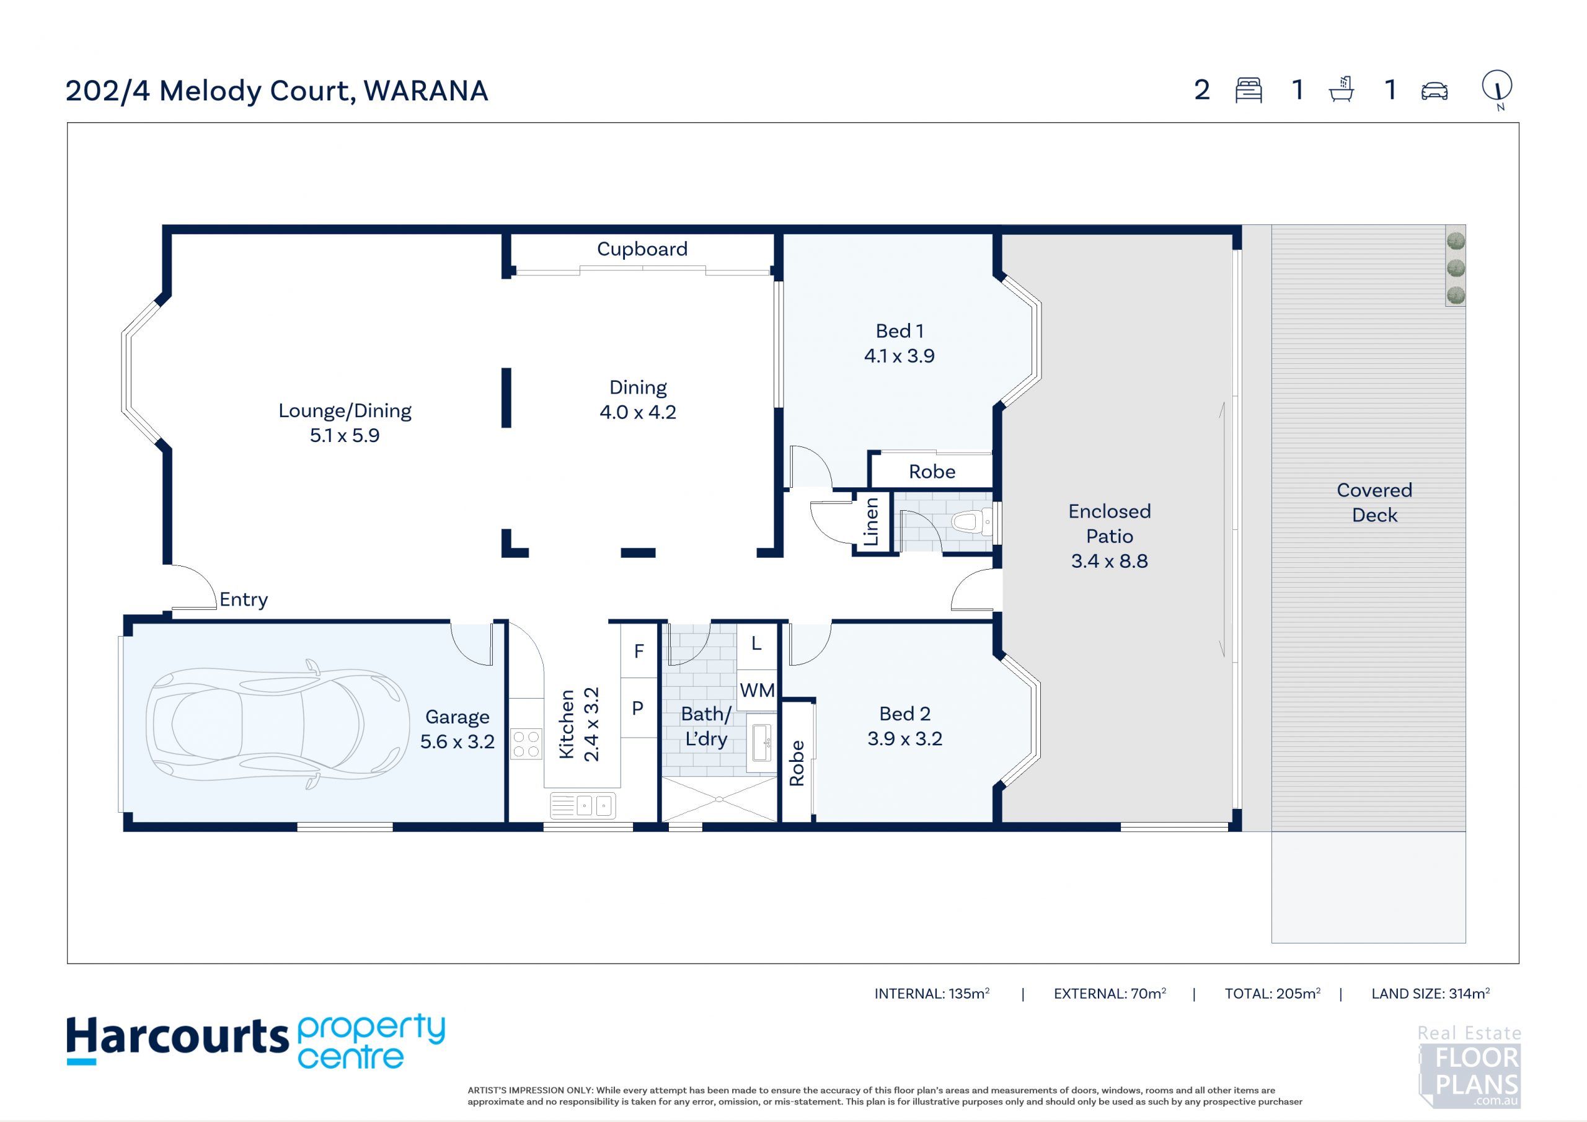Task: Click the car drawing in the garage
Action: point(276,724)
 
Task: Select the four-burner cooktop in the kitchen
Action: point(526,744)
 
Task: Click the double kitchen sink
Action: point(583,805)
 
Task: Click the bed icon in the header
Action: point(1249,91)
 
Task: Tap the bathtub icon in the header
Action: point(1341,90)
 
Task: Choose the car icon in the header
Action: point(1434,91)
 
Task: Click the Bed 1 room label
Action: point(900,331)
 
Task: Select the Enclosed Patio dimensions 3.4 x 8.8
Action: point(1110,560)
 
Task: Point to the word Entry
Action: point(243,600)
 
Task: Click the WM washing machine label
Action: point(757,690)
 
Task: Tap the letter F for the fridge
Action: point(639,650)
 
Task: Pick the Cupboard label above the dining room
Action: point(642,249)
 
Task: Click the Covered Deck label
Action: point(1374,503)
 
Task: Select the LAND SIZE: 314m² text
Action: point(1430,994)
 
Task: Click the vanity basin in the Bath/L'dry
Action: point(761,743)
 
